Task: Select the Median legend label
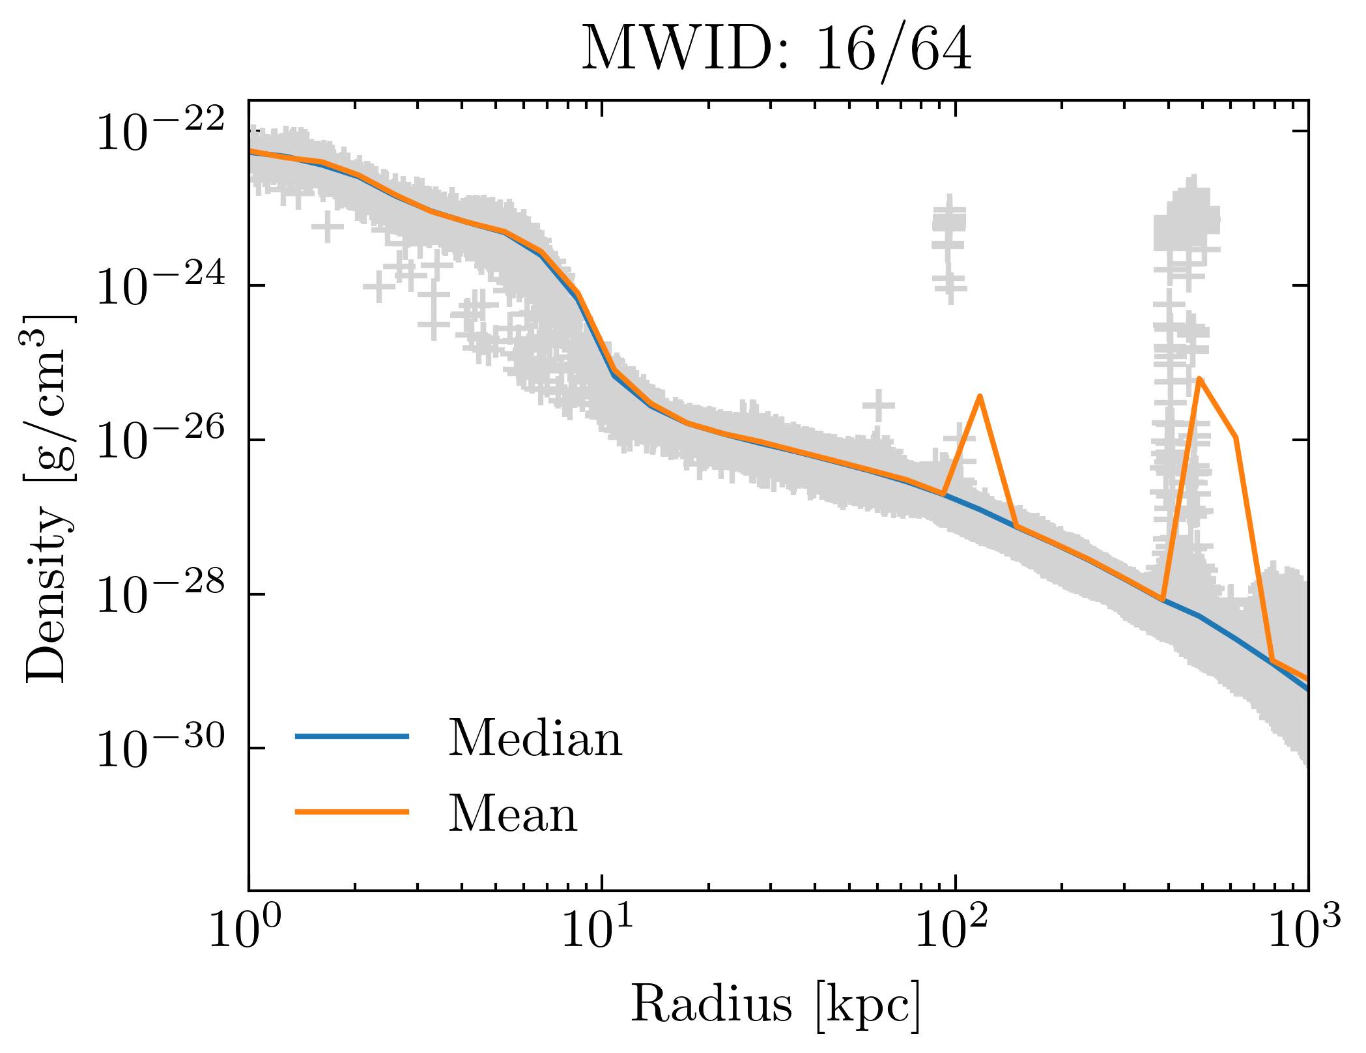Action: (x=535, y=739)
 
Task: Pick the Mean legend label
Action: (x=513, y=815)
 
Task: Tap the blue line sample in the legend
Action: (x=352, y=737)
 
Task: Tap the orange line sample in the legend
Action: (x=352, y=812)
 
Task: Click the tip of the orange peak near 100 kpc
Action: (x=980, y=396)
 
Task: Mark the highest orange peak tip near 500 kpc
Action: (x=1199, y=378)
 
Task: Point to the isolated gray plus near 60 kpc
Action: (x=879, y=405)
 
